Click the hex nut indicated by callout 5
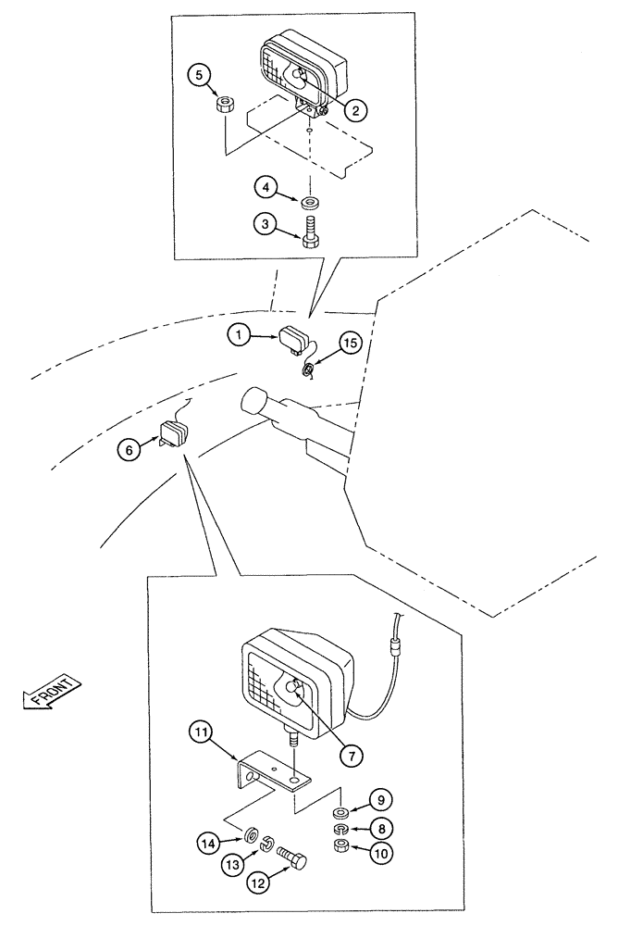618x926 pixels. (x=221, y=104)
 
